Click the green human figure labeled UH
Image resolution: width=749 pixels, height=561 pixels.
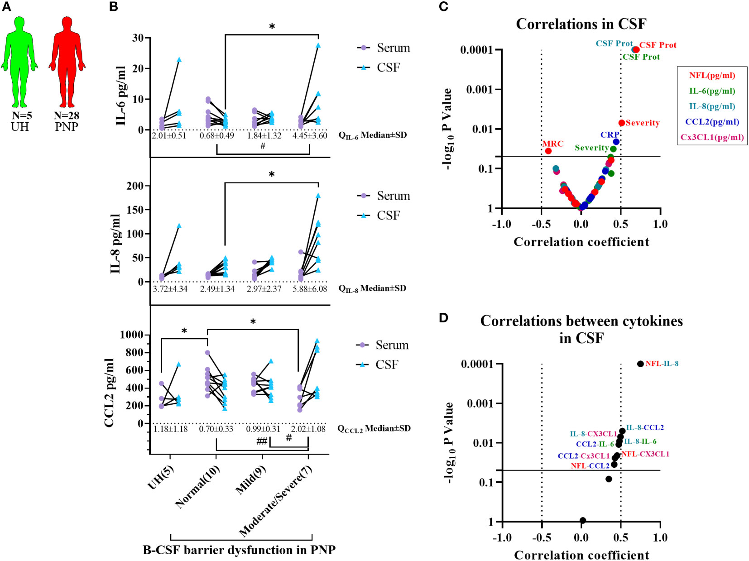coord(19,62)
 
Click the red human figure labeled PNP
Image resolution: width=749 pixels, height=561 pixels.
coord(67,62)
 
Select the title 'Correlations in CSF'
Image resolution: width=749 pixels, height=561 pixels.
coord(581,24)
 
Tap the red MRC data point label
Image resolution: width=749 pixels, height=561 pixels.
coord(553,144)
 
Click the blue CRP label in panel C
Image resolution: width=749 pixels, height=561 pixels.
coord(610,135)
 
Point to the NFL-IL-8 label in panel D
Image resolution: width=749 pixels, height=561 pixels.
coord(662,364)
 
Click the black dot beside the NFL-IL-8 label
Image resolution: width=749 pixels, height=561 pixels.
coord(640,364)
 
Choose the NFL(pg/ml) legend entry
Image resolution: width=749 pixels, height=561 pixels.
coord(712,75)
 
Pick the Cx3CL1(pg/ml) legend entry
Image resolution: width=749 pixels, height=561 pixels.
coord(712,137)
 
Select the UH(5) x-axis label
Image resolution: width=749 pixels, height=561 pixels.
coord(160,477)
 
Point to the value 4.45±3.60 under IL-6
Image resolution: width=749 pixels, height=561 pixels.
coord(309,136)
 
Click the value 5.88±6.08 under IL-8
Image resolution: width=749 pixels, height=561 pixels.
coord(309,289)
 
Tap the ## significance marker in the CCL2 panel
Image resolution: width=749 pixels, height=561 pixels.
coord(262,441)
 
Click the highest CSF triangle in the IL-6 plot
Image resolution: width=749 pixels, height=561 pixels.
coord(318,45)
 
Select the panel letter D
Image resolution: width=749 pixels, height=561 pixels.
coord(443,318)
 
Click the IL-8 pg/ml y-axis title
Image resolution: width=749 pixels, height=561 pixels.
coord(115,244)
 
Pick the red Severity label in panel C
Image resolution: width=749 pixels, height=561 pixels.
coord(643,123)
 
